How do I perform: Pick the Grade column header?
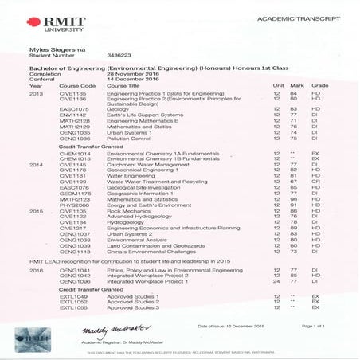click(x=319, y=85)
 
